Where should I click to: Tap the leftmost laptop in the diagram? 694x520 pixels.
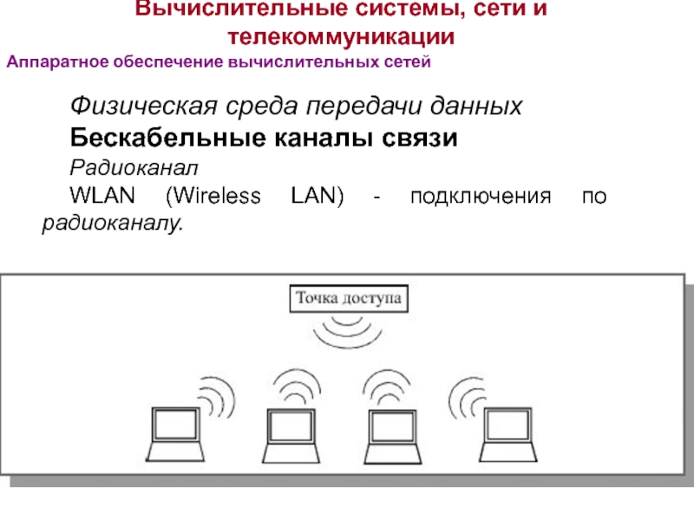(176, 432)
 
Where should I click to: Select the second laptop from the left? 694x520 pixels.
(291, 432)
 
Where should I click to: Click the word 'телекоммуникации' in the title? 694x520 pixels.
(342, 38)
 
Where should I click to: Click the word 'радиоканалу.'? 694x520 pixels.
(114, 224)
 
